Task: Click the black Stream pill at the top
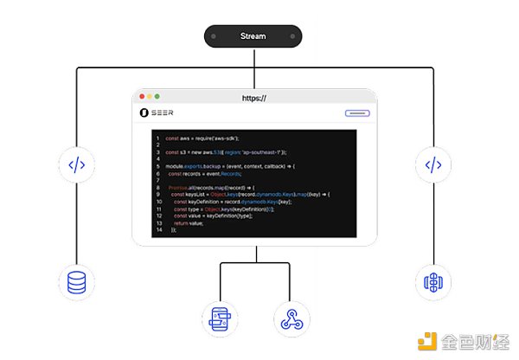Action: pyautogui.click(x=253, y=36)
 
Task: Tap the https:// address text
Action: pyautogui.click(x=253, y=99)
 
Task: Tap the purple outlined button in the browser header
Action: pyautogui.click(x=357, y=113)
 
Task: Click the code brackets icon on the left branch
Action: pyautogui.click(x=76, y=164)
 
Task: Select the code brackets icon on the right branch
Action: pyautogui.click(x=433, y=164)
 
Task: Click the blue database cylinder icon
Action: pyautogui.click(x=76, y=282)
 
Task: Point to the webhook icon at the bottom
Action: pyautogui.click(x=290, y=319)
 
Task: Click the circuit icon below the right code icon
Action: pyautogui.click(x=433, y=282)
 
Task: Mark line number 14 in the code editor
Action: pyautogui.click(x=157, y=230)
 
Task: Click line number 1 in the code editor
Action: pyautogui.click(x=157, y=138)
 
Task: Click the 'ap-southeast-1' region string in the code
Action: pyautogui.click(x=265, y=152)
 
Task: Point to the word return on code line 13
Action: pyautogui.click(x=182, y=223)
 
